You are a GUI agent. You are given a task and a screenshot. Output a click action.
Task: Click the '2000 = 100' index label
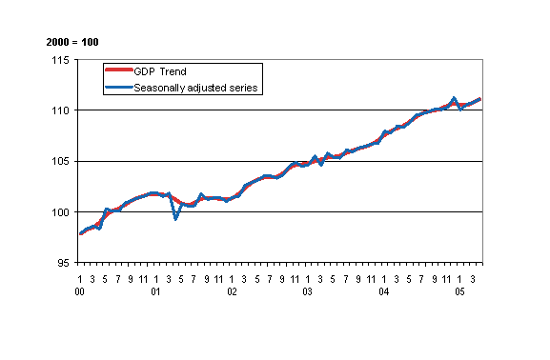coord(72,43)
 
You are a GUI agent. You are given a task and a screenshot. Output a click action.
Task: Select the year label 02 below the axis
coord(232,292)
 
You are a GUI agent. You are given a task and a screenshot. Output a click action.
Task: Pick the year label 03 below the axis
coord(308,292)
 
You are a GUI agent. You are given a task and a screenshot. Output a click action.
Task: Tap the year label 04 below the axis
coord(384,292)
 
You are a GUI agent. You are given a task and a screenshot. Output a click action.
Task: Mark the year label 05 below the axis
coord(459,292)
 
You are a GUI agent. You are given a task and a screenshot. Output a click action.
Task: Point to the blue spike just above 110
coord(454,98)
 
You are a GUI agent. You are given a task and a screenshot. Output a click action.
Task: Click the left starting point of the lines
coord(81,233)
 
